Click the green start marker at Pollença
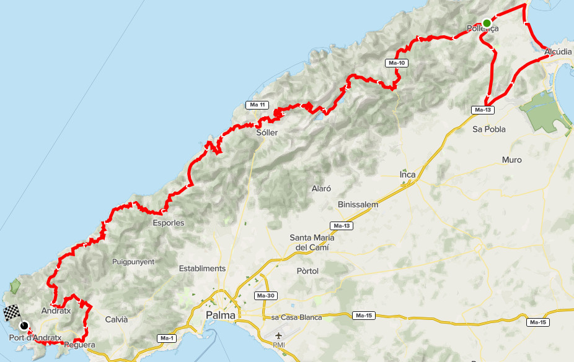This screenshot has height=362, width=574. click(x=487, y=23)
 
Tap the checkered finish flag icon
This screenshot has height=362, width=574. click(x=12, y=313)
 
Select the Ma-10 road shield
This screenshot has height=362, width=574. click(x=397, y=63)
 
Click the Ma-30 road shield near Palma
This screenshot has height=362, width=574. click(x=265, y=296)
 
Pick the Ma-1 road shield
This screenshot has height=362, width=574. click(x=167, y=338)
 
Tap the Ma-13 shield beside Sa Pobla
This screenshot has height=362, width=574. click(x=483, y=110)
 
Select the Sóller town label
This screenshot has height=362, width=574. click(x=267, y=133)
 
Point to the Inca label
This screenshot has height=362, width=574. click(x=407, y=175)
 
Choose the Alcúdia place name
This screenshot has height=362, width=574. click(x=558, y=53)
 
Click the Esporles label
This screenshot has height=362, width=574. click(x=169, y=223)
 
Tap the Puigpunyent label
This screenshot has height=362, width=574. click(x=133, y=262)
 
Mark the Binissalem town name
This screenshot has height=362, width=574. click(x=358, y=204)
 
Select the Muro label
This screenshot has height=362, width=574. click(x=511, y=160)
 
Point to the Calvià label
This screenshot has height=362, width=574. click(x=117, y=319)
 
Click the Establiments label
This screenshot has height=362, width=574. click(x=202, y=269)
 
